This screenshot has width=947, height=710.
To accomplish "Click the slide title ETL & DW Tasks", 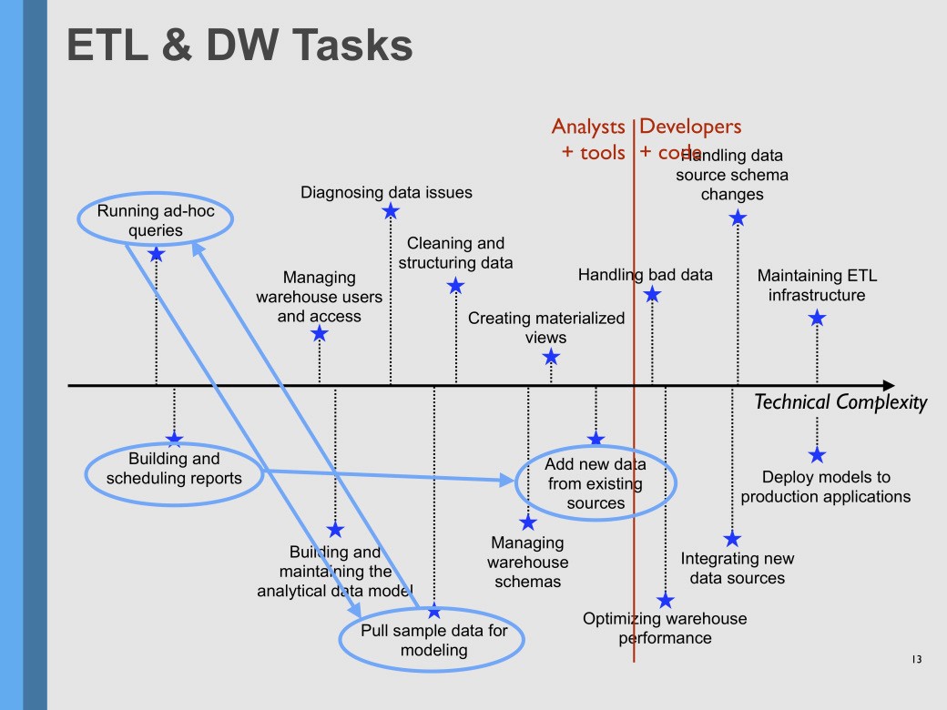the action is (x=240, y=45).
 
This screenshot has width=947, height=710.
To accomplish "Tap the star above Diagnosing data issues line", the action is (x=391, y=211).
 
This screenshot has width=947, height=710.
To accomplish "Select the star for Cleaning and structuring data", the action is (x=456, y=286).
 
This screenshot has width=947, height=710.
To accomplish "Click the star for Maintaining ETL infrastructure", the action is (x=817, y=318).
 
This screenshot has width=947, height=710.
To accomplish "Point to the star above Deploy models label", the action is (x=817, y=454).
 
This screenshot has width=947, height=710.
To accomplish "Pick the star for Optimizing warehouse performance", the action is (x=666, y=600).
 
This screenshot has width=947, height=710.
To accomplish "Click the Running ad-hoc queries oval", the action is (x=154, y=220).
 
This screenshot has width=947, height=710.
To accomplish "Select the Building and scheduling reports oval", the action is (x=175, y=469).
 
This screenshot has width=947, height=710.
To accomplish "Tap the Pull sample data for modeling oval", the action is (x=433, y=641).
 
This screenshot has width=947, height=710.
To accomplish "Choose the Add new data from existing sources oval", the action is (x=596, y=483).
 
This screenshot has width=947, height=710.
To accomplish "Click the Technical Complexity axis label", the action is (x=840, y=402).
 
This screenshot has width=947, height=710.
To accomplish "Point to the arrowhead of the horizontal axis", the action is (x=888, y=386).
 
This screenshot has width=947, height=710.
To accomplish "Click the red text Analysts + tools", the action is (x=589, y=139).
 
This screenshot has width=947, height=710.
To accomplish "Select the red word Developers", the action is (x=690, y=127).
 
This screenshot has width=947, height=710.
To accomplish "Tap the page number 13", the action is (x=916, y=659).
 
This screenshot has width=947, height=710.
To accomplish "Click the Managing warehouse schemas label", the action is (x=527, y=562).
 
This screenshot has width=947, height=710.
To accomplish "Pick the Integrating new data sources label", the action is (x=737, y=568).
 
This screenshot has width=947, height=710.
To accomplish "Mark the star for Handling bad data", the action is (x=652, y=294).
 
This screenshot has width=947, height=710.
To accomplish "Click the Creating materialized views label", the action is (x=546, y=328).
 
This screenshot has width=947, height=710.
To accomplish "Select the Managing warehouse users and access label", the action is (x=319, y=297).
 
